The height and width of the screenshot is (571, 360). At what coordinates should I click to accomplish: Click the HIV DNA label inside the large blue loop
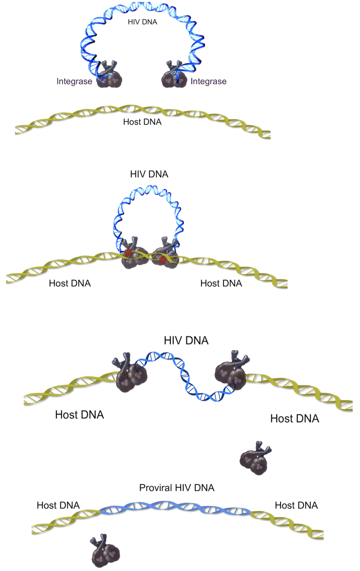142,22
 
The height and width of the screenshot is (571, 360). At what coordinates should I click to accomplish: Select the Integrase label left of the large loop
74,81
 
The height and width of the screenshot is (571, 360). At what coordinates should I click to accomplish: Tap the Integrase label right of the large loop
208,81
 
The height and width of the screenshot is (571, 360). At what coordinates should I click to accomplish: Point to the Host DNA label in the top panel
142,122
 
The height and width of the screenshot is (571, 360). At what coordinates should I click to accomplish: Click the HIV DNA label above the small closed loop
149,174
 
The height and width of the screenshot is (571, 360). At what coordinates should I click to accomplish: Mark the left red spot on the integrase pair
127,253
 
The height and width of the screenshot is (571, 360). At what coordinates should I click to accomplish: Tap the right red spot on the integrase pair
163,260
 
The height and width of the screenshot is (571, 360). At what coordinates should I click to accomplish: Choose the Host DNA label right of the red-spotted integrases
221,283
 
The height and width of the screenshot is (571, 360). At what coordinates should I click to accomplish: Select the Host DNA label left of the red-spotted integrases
70,283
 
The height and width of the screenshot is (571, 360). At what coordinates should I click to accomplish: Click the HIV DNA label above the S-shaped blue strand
186,340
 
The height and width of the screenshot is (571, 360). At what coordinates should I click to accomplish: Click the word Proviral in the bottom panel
155,488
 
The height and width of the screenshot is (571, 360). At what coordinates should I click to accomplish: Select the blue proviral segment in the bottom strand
176,508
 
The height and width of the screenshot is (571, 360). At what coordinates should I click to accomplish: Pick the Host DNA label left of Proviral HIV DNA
58,505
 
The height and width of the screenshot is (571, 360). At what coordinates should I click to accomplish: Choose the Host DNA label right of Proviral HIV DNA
296,505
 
